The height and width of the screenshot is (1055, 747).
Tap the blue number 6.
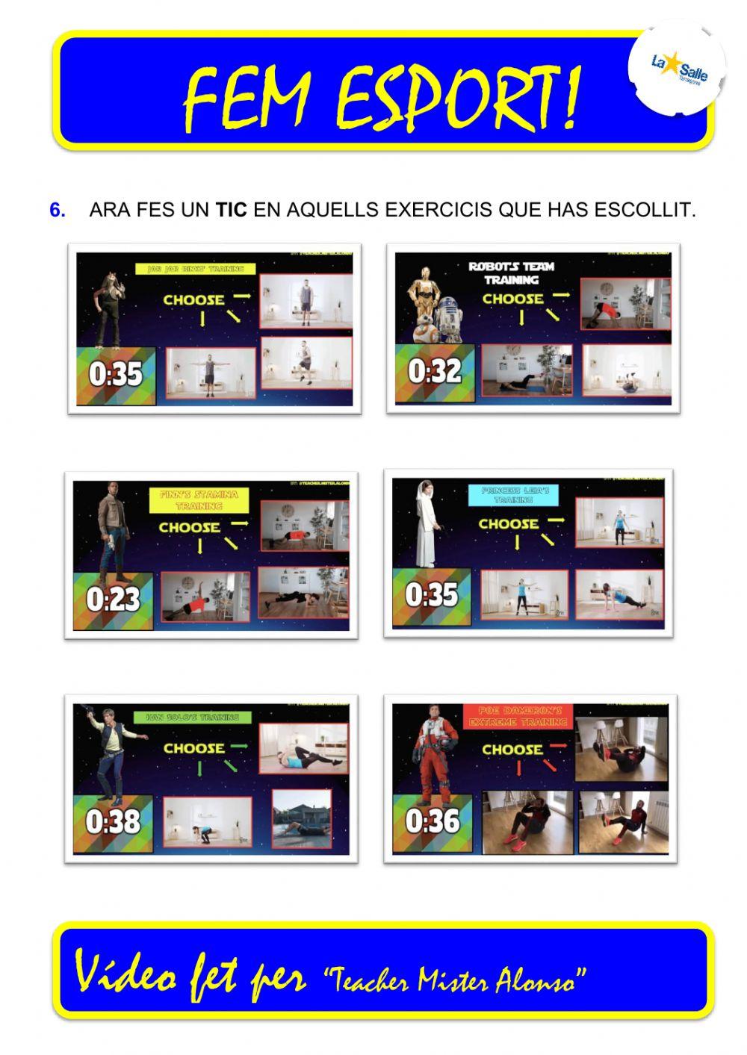(x=57, y=211)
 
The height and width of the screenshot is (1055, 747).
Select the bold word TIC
(x=231, y=211)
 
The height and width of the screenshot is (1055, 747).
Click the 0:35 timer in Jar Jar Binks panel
(x=115, y=374)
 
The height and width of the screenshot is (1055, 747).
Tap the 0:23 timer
(x=113, y=600)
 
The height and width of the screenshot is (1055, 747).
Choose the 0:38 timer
(x=113, y=821)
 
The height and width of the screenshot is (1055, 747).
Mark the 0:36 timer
(x=433, y=821)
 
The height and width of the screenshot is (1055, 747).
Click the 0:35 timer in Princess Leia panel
(x=431, y=595)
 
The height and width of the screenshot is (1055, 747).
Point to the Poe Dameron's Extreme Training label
(x=517, y=716)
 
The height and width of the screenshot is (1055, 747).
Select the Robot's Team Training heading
(x=511, y=273)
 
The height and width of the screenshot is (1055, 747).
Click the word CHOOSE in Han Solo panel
(x=193, y=748)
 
